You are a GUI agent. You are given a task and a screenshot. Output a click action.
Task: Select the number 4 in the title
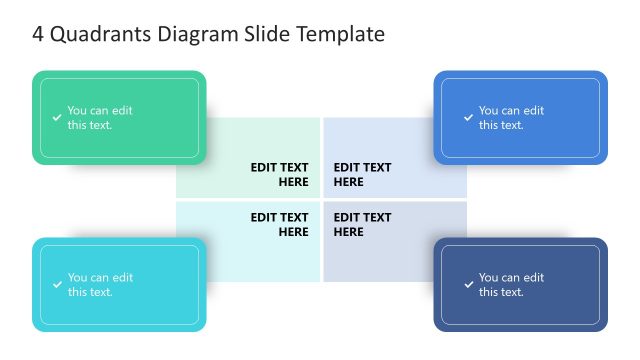point(38,34)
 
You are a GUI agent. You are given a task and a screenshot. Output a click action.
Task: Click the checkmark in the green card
point(57,118)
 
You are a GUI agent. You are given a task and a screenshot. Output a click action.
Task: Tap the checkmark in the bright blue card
point(468,118)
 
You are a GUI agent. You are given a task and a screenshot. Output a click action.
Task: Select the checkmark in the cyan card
point(57,285)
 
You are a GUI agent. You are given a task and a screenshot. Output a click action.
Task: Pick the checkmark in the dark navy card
point(468,285)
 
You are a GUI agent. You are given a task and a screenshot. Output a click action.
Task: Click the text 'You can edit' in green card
point(99,111)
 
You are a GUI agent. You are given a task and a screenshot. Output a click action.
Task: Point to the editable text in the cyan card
point(99,285)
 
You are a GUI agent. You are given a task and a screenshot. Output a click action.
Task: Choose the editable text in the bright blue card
point(511,118)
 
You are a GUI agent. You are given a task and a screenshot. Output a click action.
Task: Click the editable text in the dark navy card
point(511,285)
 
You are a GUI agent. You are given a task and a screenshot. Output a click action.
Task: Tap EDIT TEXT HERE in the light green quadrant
point(279,174)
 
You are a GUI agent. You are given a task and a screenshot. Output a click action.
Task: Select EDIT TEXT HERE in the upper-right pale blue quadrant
point(362,174)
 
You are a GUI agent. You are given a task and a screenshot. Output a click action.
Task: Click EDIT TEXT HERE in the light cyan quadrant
point(279,224)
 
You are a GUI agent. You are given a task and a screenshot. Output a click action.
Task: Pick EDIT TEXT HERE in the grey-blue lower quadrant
point(362,224)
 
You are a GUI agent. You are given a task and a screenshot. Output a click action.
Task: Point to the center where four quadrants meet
point(321,200)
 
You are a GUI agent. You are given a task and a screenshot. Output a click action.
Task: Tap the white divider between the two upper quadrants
point(321,157)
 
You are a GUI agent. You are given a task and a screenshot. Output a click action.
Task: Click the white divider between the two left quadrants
point(248,200)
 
